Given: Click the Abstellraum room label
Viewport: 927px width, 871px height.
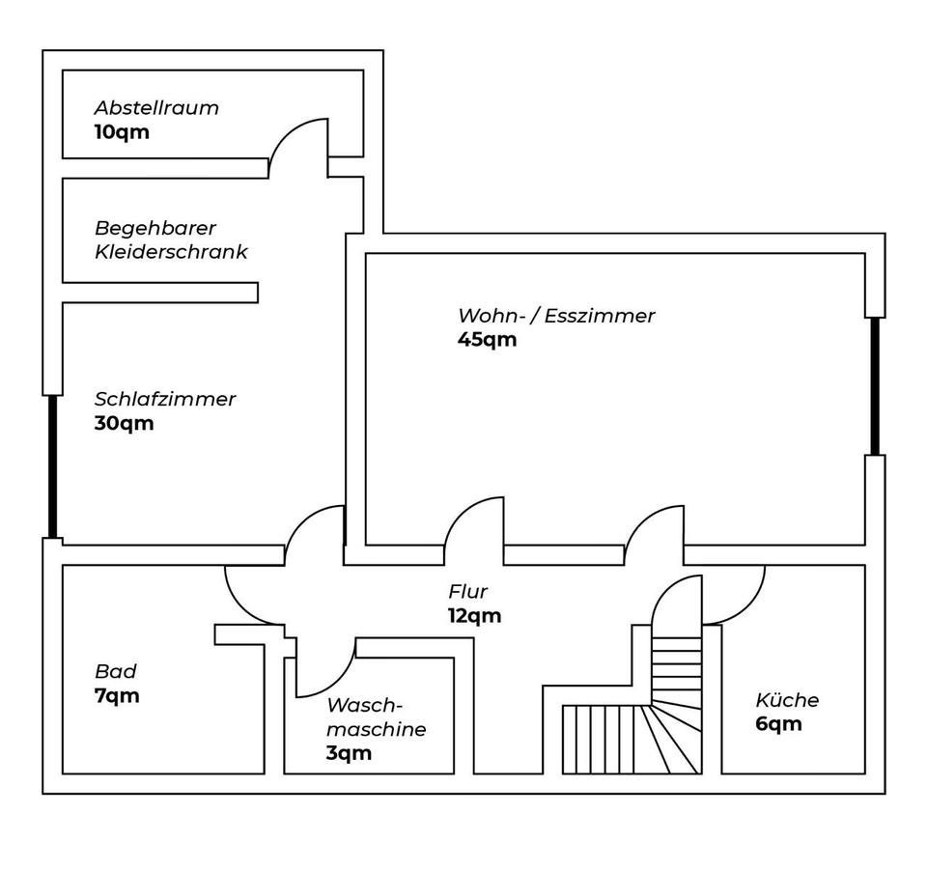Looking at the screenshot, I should tap(155, 107).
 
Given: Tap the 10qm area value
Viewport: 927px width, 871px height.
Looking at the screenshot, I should tap(122, 131).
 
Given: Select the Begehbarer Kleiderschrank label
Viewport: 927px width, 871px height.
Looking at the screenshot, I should tap(170, 239).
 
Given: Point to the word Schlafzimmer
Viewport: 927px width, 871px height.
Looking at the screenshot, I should tap(164, 399).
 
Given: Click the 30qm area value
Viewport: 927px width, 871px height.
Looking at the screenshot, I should tap(124, 423).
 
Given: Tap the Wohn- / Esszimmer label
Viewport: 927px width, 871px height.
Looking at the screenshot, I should tap(556, 316).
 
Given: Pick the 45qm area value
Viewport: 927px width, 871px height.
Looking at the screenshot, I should tap(487, 340).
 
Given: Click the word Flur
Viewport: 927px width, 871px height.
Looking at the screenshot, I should tap(467, 592).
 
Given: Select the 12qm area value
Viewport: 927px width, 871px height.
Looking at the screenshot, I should tap(474, 616).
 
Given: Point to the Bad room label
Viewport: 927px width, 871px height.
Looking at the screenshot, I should tap(115, 671).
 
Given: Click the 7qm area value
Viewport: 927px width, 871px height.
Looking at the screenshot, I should tap(117, 695).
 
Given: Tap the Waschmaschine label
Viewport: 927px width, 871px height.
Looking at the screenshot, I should tap(376, 716).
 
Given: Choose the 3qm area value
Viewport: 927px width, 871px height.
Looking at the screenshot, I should tap(349, 754).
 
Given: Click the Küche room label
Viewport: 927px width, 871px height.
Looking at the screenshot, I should tap(787, 700).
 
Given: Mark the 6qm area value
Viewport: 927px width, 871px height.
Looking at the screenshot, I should tap(778, 724).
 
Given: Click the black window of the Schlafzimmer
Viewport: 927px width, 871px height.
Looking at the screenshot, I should tap(53, 465).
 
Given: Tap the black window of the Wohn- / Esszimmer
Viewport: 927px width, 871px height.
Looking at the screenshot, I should tap(875, 385).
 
